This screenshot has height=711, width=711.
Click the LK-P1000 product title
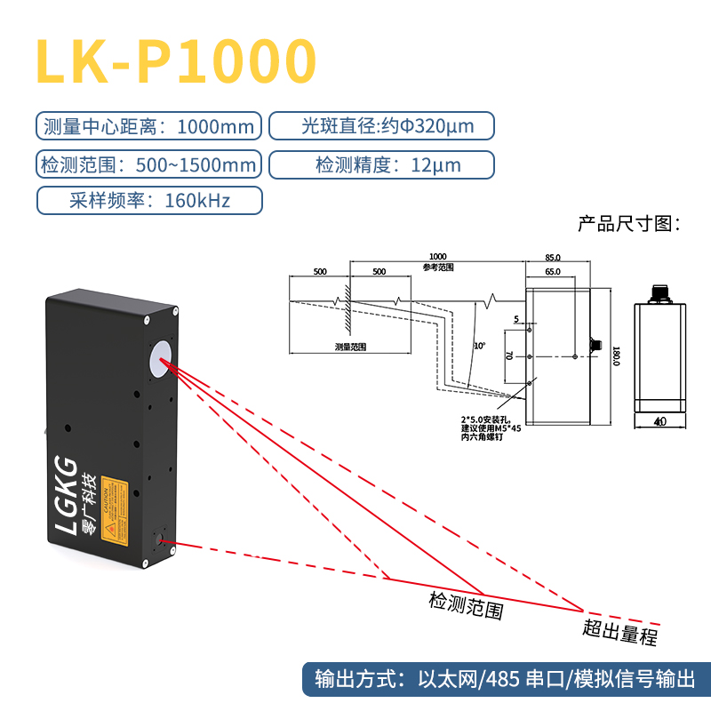pos(176,60)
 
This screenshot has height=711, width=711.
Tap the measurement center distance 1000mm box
pos(148,126)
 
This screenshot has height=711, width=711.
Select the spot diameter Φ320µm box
pos(381,126)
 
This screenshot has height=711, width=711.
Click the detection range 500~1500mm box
pos(148,164)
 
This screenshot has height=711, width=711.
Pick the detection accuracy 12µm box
pos(381,164)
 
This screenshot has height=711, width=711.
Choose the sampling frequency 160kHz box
pos(148,201)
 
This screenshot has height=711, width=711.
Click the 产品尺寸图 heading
pos(628,223)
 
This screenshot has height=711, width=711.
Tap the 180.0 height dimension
pos(615,355)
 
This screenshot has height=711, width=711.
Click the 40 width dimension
pos(659,422)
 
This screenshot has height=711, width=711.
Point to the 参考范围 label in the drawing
pos(438,267)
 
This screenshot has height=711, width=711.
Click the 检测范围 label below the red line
pos(467,606)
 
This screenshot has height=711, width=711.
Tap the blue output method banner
pos(505,681)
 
